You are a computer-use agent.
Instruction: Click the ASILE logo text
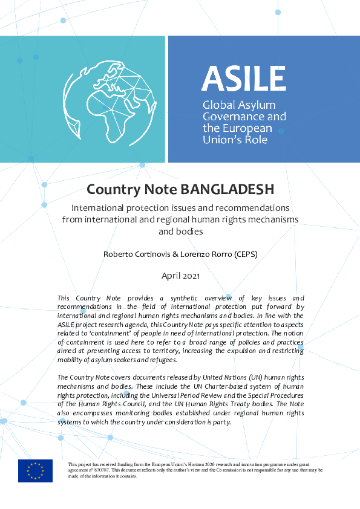243,79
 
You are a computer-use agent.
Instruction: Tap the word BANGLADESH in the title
228,189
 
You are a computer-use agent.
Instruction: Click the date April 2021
180,276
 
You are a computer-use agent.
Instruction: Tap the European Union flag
35,470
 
